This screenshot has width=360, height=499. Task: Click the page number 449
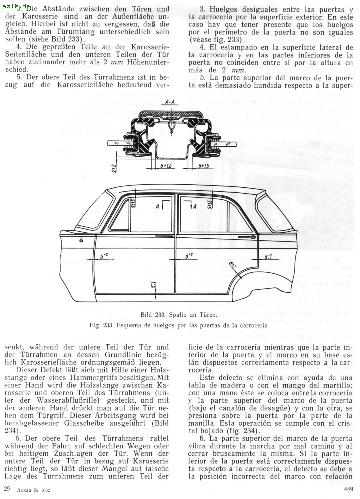pos(349,489)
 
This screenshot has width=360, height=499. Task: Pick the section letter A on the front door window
pos(159,206)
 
